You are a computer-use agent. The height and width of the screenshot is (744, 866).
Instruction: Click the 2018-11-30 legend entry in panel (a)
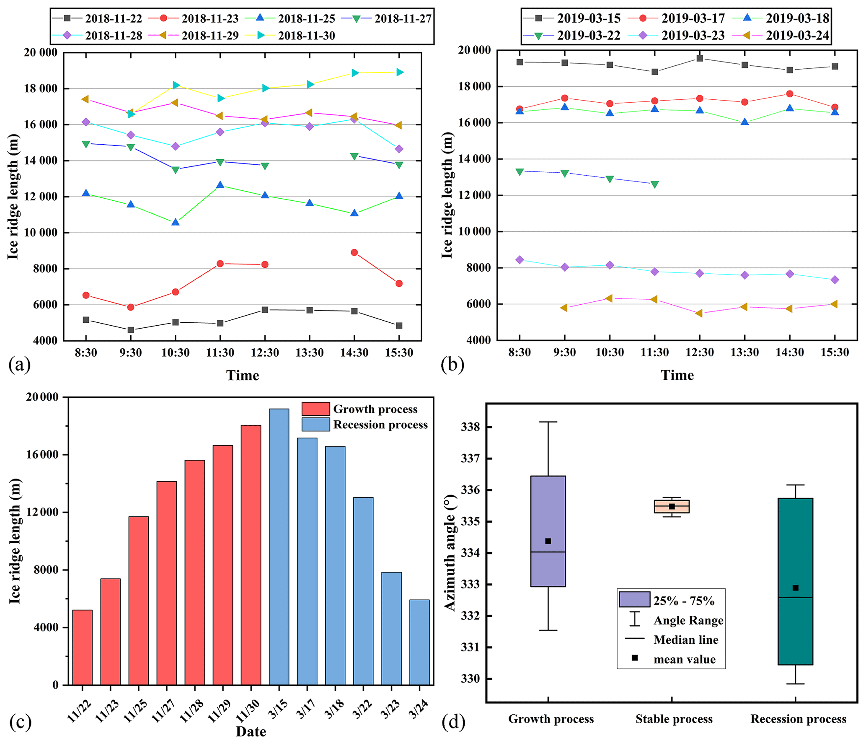coord(306,36)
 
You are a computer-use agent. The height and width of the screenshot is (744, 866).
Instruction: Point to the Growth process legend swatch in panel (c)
coord(315,409)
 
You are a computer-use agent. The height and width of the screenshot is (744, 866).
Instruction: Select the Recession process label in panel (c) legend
coord(380,425)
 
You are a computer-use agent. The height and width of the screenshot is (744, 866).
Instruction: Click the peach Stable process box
coord(671,506)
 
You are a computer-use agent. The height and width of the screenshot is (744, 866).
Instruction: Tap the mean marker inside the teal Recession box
coord(795,588)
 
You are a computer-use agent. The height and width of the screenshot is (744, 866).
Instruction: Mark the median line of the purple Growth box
coord(548,552)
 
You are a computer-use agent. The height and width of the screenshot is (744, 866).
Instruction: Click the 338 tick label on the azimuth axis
coord(470,427)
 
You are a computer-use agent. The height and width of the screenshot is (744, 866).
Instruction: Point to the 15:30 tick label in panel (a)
coord(399,353)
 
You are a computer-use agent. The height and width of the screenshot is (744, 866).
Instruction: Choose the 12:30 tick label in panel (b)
coord(699,352)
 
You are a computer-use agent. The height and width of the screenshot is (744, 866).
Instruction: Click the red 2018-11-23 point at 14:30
coord(354,252)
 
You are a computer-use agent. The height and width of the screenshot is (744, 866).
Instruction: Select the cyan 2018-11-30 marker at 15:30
coord(400,73)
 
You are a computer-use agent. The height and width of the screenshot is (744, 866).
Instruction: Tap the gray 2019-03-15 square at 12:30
coord(699,58)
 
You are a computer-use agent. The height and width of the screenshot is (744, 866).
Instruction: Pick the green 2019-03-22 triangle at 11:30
coord(654,184)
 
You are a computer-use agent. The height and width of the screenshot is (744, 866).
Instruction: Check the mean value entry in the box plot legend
coord(684,659)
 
